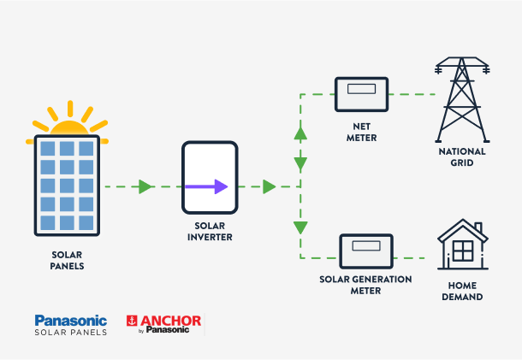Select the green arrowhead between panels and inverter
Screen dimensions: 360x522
(x=145, y=186)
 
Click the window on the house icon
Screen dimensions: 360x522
(x=463, y=251)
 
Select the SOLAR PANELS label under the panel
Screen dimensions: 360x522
(x=68, y=260)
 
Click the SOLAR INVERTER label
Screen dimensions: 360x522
(x=210, y=231)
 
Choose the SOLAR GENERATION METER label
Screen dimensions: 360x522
(x=365, y=285)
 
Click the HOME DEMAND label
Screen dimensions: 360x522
(x=462, y=292)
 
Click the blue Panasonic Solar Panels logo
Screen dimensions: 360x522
(x=70, y=324)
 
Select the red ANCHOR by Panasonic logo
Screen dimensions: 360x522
(x=163, y=324)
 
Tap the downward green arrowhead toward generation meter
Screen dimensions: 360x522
(x=300, y=227)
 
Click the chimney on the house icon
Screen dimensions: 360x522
(x=478, y=227)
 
